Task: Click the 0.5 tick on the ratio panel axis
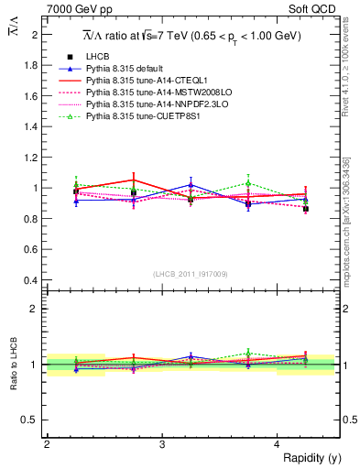tap(31, 420)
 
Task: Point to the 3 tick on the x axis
tap(162, 444)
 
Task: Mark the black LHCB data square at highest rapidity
tap(306, 209)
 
